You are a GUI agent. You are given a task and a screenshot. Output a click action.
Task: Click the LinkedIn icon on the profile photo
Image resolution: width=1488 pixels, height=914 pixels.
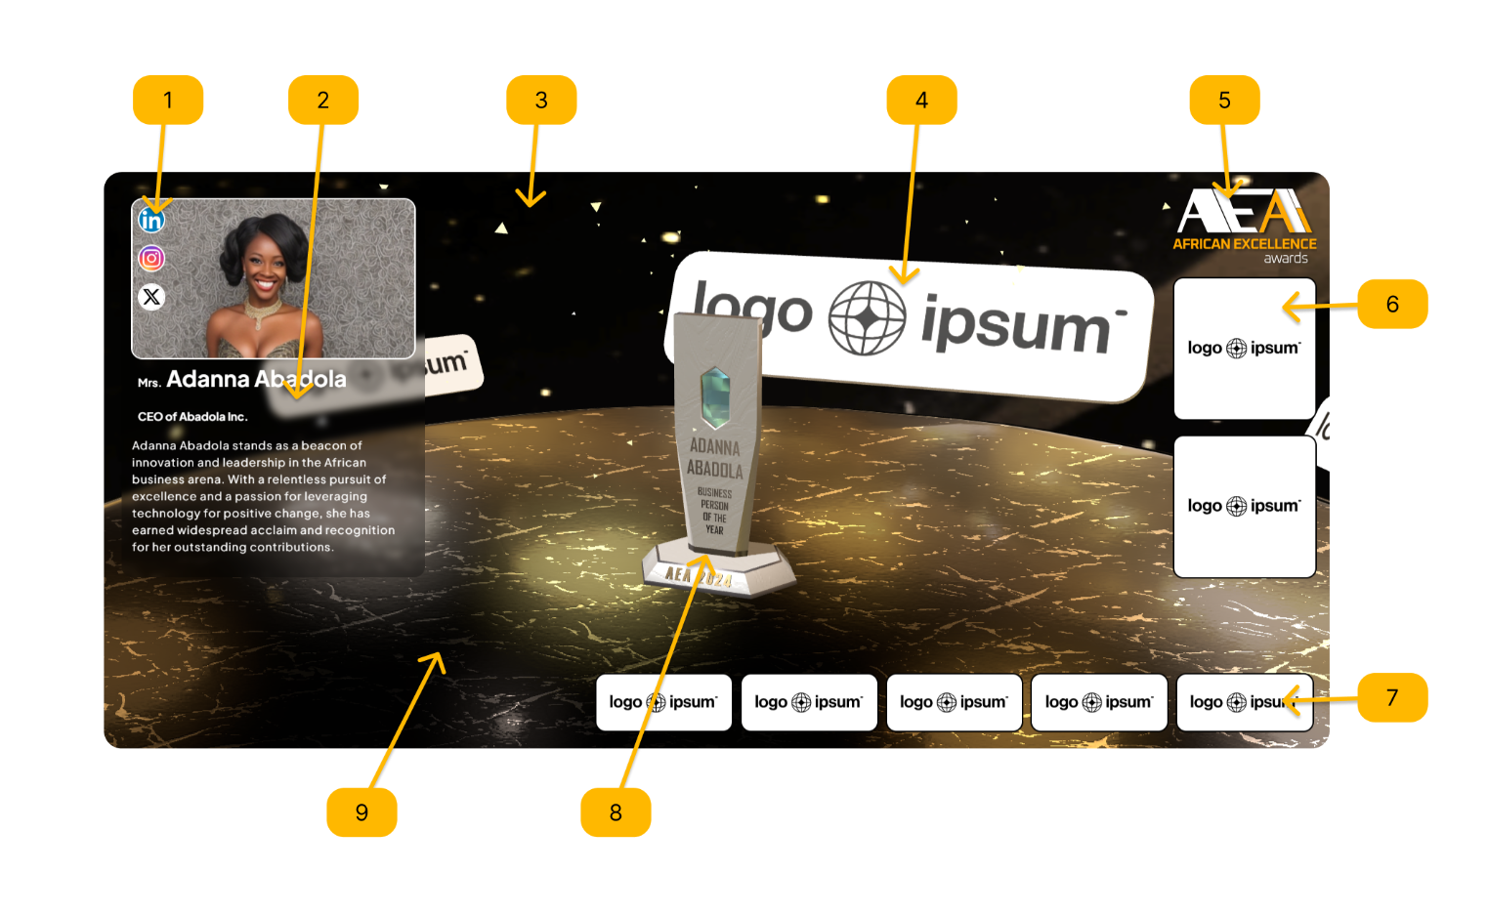[x=151, y=220]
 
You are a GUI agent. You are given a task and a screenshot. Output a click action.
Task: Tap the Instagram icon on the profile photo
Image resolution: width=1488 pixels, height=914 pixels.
[x=151, y=259]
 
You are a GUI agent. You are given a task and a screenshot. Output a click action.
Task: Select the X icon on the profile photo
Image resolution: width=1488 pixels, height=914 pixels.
[x=151, y=297]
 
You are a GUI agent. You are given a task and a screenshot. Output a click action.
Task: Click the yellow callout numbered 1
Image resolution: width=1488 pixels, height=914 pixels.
[x=168, y=100]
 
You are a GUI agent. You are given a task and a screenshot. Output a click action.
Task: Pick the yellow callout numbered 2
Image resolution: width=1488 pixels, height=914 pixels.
[x=323, y=100]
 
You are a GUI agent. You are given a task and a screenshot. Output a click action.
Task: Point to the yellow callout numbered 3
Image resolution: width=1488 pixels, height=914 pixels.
[x=541, y=100]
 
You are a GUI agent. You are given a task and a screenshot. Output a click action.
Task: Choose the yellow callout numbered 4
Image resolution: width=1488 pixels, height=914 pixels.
[x=921, y=100]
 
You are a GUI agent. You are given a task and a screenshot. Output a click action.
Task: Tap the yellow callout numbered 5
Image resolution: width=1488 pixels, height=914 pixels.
[x=1224, y=100]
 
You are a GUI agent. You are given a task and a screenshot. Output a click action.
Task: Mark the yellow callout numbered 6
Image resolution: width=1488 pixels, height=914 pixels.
[x=1392, y=304]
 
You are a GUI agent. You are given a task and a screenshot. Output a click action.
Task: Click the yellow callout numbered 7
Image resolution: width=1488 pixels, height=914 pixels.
[x=1392, y=697]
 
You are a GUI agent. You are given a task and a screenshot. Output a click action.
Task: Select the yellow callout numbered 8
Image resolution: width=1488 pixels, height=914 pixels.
[x=616, y=812]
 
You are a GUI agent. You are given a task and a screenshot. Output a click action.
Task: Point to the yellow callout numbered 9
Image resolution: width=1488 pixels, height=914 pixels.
[x=361, y=812]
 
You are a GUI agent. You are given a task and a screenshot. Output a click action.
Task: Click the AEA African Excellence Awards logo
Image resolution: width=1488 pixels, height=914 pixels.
[x=1244, y=225]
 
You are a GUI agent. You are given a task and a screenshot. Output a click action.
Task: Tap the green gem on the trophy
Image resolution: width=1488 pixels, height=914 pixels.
[x=715, y=396]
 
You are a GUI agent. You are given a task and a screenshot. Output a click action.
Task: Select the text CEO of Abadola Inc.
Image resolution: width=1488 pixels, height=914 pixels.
[x=192, y=417]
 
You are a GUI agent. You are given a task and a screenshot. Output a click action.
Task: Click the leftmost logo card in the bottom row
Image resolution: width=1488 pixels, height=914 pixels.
[x=663, y=702]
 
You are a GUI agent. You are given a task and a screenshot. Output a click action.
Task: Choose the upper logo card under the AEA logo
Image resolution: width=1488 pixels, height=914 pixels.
[x=1244, y=349]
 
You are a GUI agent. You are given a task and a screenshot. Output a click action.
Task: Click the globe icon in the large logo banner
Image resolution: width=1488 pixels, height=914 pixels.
[x=867, y=318]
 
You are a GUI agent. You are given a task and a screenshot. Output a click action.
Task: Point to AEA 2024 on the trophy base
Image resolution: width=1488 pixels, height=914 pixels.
[x=700, y=577]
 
